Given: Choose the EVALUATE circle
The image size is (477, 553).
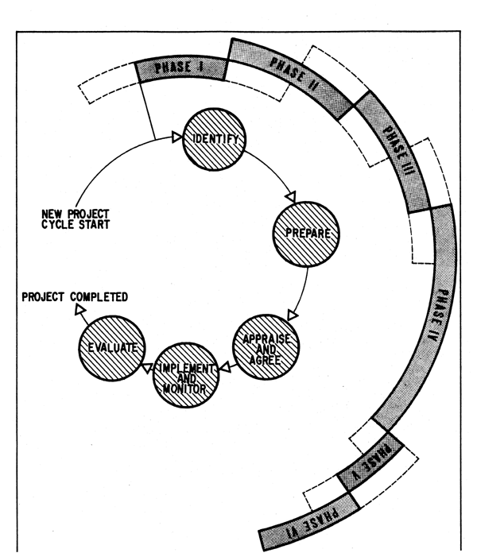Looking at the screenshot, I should tap(111, 347).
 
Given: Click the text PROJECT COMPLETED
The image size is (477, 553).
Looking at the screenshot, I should tap(75, 298).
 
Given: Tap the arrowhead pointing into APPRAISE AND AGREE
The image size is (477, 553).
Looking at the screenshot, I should tap(291, 316).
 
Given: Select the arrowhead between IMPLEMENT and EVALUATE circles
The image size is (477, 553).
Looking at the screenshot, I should tap(148, 365).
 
